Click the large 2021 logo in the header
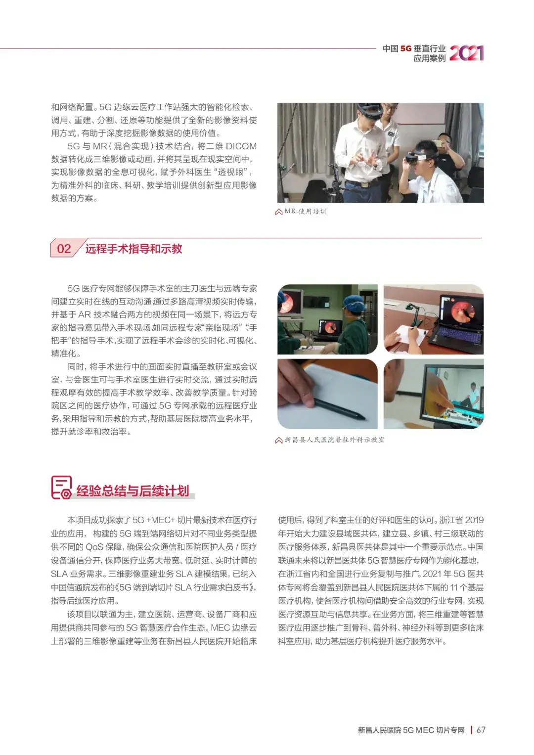coord(466,53)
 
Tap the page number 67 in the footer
coord(481,730)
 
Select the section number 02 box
coord(64,249)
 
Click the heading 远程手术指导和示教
coord(133,249)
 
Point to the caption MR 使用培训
coord(305,212)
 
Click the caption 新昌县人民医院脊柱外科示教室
coord(334,440)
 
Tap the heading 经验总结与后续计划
coord(133,490)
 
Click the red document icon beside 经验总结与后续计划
coord(61,488)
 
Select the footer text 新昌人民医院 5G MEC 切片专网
coord(411,730)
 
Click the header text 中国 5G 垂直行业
coord(414,48)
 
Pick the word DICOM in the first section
coord(241,146)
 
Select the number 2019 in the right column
coord(474,520)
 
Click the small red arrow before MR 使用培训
coord(279,212)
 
